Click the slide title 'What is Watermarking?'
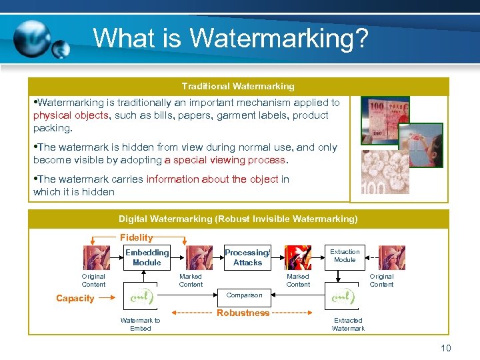[x=230, y=38]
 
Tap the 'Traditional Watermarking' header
[x=238, y=86]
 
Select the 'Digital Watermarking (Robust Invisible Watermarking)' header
[x=238, y=219]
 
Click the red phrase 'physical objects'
[x=70, y=115]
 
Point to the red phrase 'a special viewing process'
[x=226, y=160]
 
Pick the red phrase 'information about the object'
[x=213, y=179]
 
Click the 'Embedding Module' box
[x=147, y=257]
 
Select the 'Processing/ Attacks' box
[x=247, y=257]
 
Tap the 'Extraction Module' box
[x=345, y=255]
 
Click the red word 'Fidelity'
[x=136, y=237]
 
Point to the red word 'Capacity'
[x=75, y=298]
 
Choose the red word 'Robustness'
[x=243, y=313]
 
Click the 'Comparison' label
[x=245, y=295]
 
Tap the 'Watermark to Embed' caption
[x=140, y=325]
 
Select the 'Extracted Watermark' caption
[x=348, y=325]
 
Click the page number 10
[x=446, y=348]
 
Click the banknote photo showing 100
[x=384, y=121]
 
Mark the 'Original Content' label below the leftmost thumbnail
[x=93, y=280]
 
